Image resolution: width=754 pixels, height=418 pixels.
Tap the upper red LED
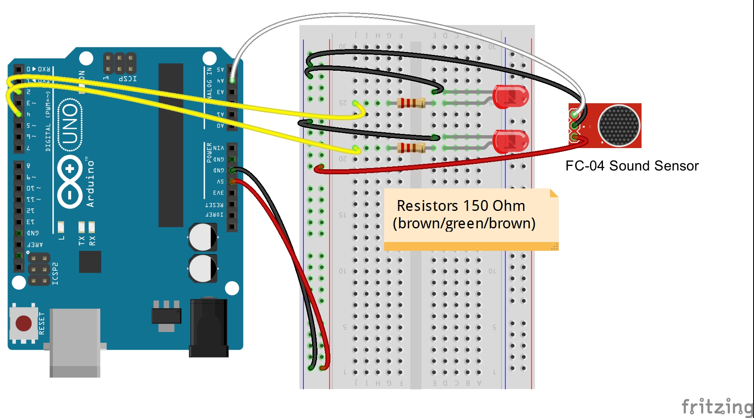pyautogui.click(x=511, y=96)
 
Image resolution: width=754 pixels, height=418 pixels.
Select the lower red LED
pyautogui.click(x=511, y=141)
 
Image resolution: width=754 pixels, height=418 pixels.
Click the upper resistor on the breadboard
pyautogui.click(x=411, y=103)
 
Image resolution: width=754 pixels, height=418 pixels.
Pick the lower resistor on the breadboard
pyautogui.click(x=411, y=148)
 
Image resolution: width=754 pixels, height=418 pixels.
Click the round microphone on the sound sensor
pyautogui.click(x=618, y=126)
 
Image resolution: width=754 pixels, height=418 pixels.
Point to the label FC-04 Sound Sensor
pyautogui.click(x=632, y=166)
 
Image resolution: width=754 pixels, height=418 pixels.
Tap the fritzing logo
pyautogui.click(x=717, y=406)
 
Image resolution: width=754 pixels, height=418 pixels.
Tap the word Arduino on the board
pyautogui.click(x=90, y=183)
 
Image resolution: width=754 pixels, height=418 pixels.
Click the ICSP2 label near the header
pyautogui.click(x=55, y=274)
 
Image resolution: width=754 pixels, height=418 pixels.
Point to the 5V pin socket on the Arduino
pyautogui.click(x=232, y=182)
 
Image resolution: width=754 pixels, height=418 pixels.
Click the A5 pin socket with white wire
pyautogui.click(x=232, y=80)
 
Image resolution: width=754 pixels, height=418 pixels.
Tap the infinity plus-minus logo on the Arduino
pyautogui.click(x=69, y=182)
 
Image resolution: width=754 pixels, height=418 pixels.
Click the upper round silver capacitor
pyautogui.click(x=203, y=237)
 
